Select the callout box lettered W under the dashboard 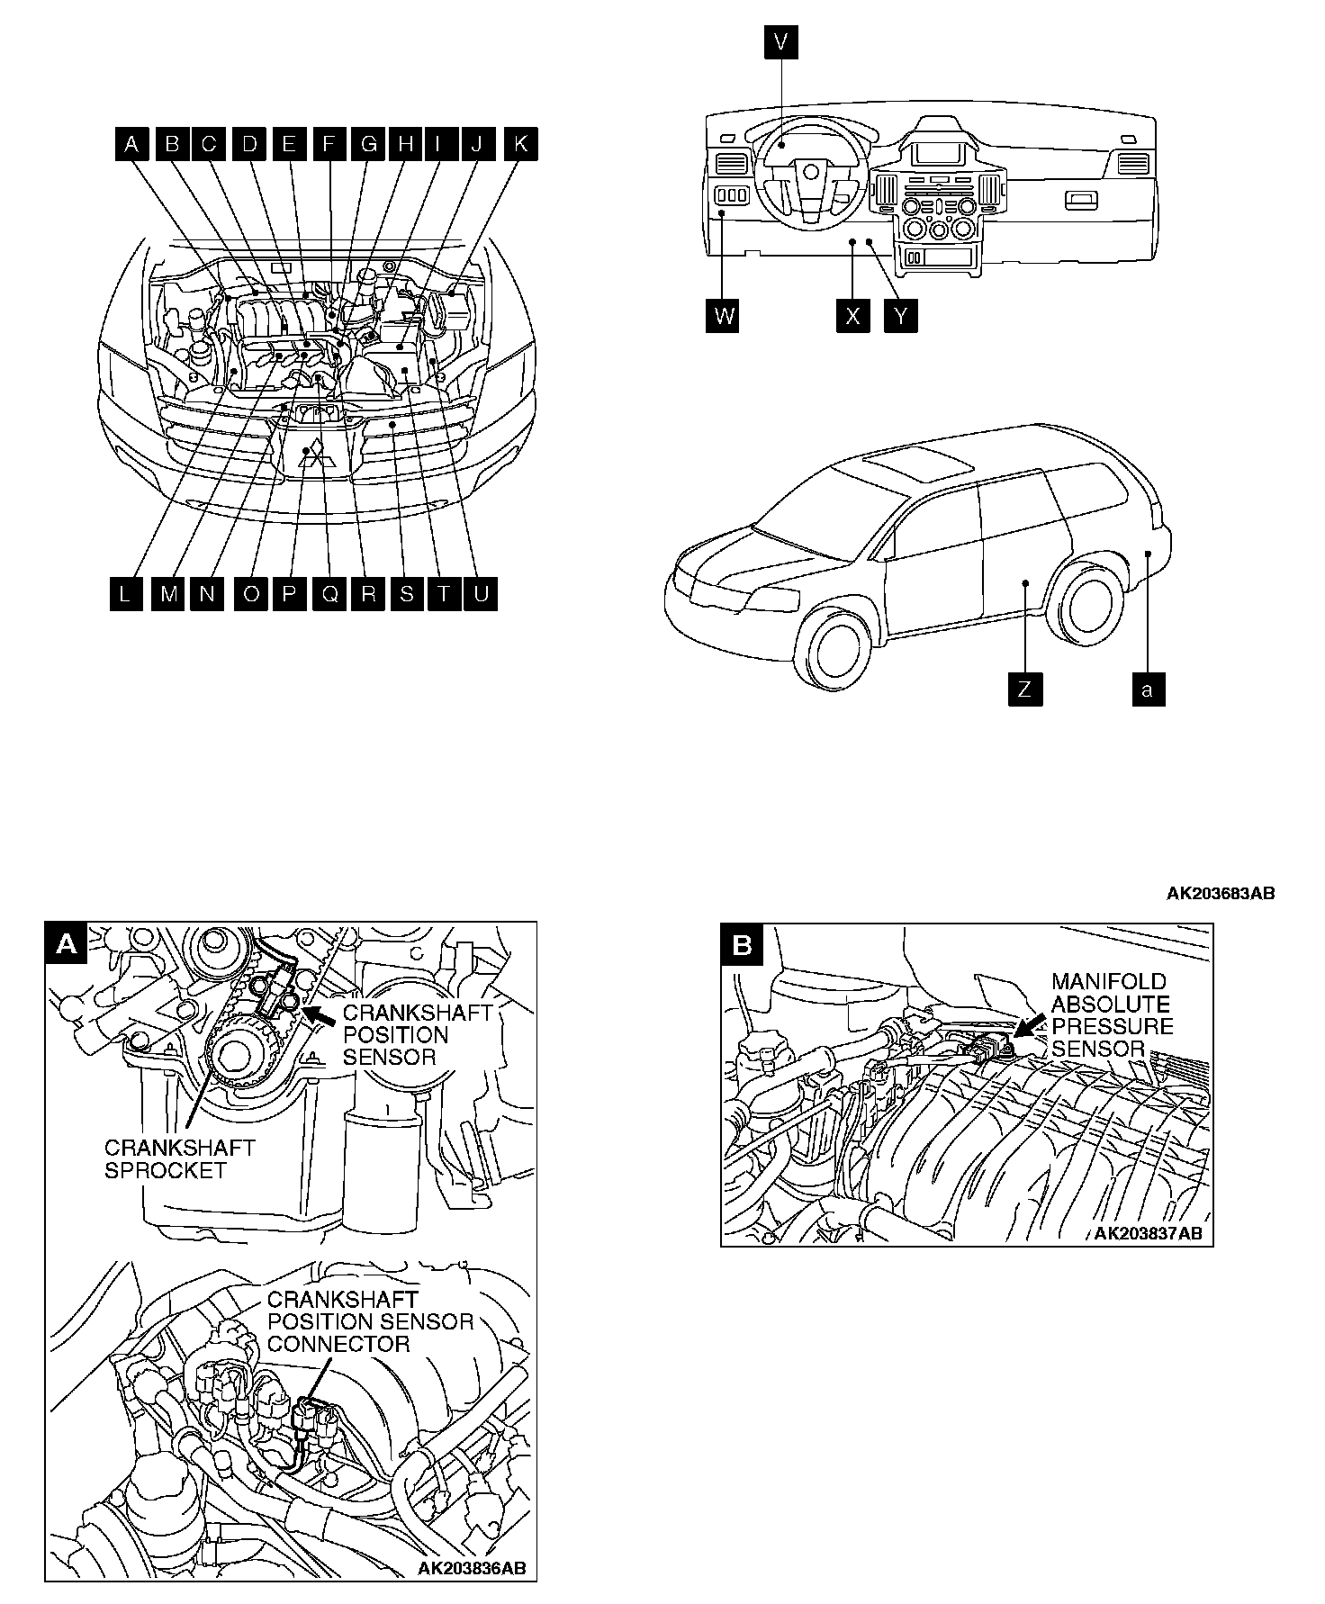click(724, 316)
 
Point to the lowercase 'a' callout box click(1147, 690)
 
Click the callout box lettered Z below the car click(1024, 690)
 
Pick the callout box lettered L click(126, 594)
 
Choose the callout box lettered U click(481, 594)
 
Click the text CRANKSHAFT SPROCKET click(180, 1159)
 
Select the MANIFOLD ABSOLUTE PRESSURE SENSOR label click(1112, 1014)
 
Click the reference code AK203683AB click(1221, 894)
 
